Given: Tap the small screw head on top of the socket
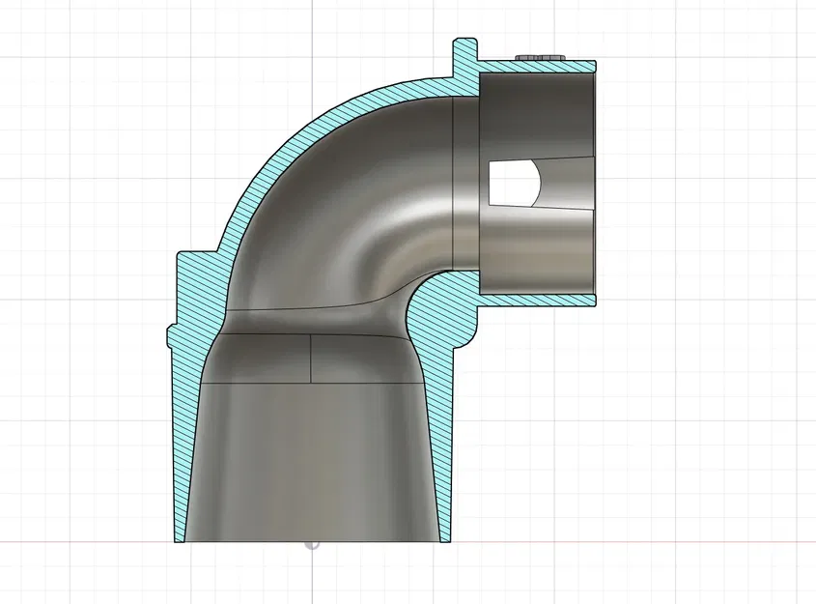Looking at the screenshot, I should (541, 57).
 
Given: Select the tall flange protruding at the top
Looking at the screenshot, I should (465, 56).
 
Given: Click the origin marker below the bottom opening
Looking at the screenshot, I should (312, 543).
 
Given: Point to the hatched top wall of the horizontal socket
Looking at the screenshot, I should (536, 67).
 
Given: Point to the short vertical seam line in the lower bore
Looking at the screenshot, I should (311, 359).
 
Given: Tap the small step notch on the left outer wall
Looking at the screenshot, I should (172, 333).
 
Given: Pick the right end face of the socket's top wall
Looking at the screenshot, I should (595, 67).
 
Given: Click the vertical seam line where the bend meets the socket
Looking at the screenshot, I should (453, 184).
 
